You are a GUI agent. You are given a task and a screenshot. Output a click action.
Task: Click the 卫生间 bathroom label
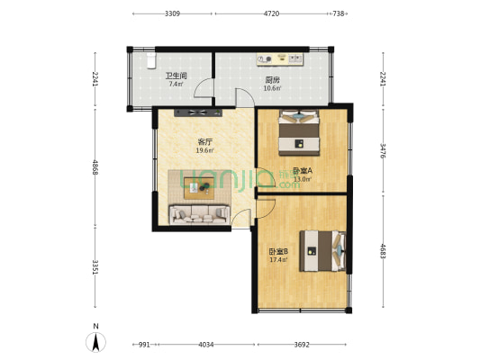tap(176, 76)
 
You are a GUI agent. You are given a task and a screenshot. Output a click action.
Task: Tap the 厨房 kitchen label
tap(273, 78)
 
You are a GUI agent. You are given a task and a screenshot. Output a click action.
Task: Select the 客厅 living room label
tap(205, 141)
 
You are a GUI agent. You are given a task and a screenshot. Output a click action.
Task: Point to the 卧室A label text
tap(302, 169)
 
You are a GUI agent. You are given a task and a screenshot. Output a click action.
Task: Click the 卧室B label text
tap(278, 252)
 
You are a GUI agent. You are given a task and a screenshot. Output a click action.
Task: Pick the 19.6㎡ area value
tap(205, 150)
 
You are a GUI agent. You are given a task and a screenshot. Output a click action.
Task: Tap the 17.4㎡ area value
tap(278, 261)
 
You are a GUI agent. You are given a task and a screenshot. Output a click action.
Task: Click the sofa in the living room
tap(198, 213)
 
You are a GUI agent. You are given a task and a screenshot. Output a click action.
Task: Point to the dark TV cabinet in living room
tap(199, 112)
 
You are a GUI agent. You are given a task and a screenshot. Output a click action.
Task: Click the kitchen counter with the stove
tap(280, 59)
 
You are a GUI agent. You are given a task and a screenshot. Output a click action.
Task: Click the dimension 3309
tap(172, 14)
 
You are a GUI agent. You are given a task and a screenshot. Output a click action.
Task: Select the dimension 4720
tap(271, 14)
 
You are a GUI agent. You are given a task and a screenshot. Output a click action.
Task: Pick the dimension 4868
tap(95, 167)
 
